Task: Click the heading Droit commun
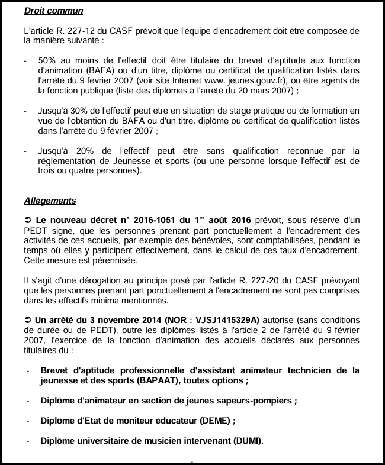point(53,11)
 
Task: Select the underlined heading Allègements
point(50,200)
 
